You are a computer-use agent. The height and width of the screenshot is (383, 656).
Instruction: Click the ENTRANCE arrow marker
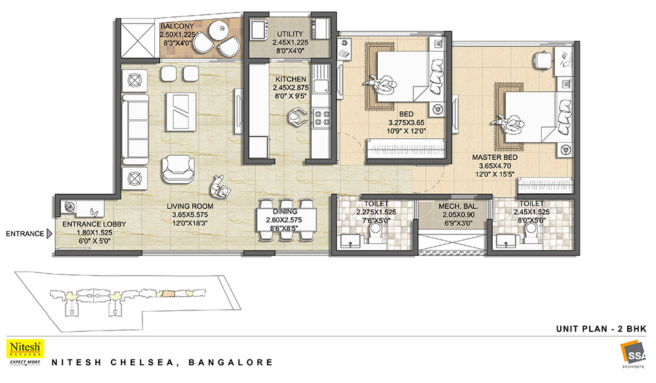point(49,234)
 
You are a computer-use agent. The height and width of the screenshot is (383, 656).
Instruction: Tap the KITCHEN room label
point(291,79)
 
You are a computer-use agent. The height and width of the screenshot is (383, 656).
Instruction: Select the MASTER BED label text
point(495,158)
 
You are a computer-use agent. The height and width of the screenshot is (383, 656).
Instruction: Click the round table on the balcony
point(218,30)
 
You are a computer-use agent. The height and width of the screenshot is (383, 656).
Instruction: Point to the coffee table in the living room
point(181,111)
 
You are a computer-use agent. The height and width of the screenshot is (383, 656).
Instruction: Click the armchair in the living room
point(178,169)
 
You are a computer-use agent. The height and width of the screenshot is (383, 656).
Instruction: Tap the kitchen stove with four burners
point(321,117)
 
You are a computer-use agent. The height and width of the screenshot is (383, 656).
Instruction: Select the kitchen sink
point(321,86)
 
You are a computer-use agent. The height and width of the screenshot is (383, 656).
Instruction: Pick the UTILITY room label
point(290,34)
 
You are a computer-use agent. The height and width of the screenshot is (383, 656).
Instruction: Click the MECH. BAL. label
point(458,206)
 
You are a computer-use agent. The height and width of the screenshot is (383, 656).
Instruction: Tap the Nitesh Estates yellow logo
point(25,352)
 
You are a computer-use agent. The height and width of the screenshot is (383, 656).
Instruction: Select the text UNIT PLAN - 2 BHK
point(601,329)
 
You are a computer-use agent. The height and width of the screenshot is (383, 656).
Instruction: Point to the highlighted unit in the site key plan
point(168,293)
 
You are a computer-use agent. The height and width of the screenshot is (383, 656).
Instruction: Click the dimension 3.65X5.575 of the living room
point(190,215)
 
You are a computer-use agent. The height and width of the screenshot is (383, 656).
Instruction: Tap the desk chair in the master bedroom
point(542,59)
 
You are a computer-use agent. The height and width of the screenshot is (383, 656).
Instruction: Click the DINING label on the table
point(285,211)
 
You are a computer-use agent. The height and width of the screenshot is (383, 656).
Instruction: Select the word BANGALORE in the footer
point(230,362)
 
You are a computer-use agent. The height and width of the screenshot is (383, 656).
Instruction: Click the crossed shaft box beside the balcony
point(137,40)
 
